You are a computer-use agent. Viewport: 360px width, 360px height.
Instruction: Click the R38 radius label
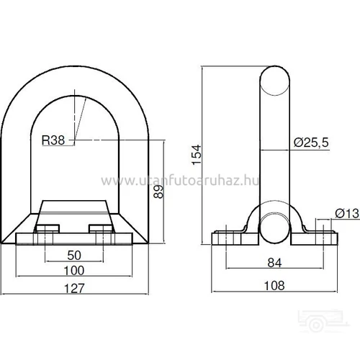(53, 140)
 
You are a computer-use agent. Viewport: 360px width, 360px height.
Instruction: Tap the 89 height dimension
(158, 192)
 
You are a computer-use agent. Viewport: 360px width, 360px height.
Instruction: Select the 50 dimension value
(74, 255)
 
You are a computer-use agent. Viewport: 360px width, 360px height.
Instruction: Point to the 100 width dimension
(74, 271)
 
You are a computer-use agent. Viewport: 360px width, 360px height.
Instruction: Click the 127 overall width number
(74, 288)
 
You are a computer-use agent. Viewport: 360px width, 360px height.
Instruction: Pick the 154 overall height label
(197, 155)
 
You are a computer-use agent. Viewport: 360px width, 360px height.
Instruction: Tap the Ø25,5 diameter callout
(311, 143)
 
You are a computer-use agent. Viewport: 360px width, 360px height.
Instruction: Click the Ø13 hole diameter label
(347, 213)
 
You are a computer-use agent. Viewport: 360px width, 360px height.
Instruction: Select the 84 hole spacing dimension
(274, 263)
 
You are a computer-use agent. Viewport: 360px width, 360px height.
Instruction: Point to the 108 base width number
(274, 286)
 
